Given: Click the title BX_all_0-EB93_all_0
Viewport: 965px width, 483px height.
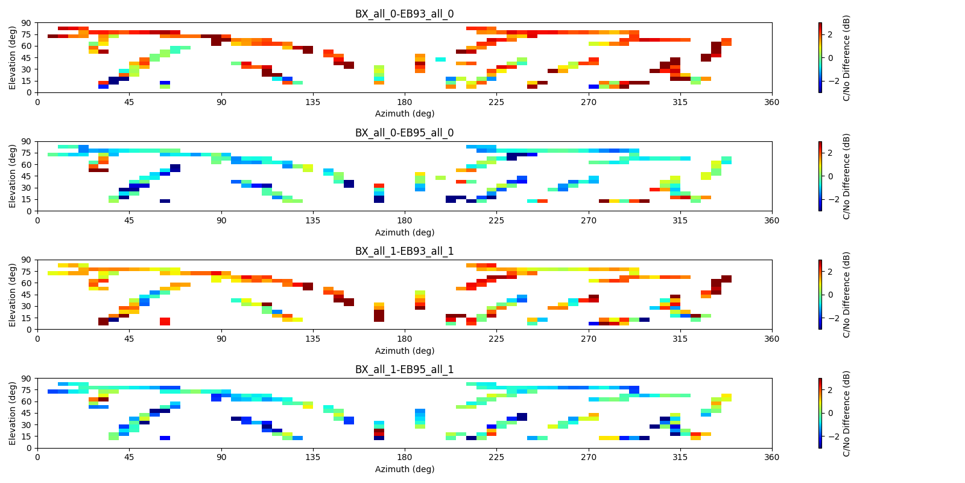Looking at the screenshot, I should (x=404, y=14).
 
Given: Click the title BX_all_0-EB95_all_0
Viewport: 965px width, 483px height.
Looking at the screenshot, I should (x=404, y=133).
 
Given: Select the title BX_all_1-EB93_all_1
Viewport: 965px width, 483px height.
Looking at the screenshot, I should (x=404, y=251).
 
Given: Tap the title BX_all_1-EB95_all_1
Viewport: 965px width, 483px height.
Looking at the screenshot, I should (x=404, y=369).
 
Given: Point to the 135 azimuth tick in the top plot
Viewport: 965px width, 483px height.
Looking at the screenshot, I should (x=313, y=102).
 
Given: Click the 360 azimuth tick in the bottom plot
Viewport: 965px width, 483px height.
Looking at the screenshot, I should (x=771, y=457).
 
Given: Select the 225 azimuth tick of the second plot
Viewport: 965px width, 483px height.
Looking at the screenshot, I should (x=496, y=220).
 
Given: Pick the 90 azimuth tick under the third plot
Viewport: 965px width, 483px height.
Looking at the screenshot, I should (x=221, y=339).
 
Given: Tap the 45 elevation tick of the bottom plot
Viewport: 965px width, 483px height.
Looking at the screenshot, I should (x=27, y=413).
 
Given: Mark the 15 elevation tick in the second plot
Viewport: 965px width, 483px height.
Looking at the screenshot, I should (x=27, y=199).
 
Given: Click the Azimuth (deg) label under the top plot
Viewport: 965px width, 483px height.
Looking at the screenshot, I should (x=404, y=114).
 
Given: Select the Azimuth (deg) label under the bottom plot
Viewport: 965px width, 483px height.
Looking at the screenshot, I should (x=404, y=469).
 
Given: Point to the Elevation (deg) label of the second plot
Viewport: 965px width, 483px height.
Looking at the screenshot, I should (x=13, y=176).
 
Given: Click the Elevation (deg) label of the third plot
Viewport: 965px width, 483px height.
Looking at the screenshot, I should (x=13, y=294).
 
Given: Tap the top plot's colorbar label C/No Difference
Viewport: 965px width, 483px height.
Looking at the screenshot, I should (x=846, y=57).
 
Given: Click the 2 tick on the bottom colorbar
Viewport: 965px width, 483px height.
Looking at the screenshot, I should (x=829, y=390).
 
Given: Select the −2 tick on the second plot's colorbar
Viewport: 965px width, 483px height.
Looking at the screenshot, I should (x=827, y=199).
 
